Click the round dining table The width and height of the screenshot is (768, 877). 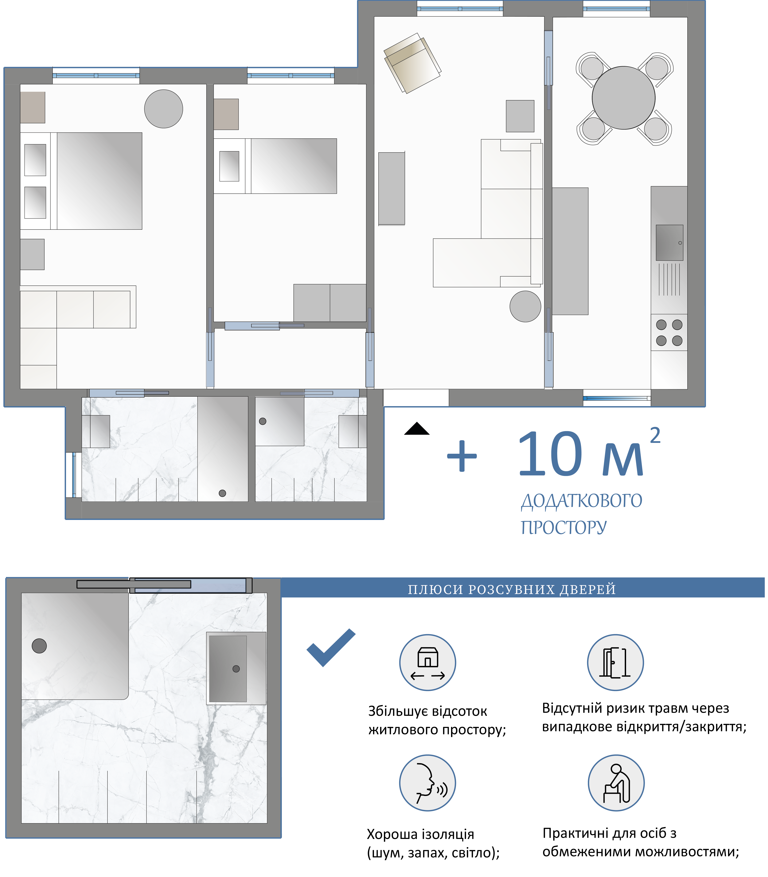[x=624, y=98]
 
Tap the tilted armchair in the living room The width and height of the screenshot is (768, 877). [x=412, y=63]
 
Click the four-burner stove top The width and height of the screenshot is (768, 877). [x=669, y=333]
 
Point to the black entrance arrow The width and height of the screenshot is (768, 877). [x=417, y=429]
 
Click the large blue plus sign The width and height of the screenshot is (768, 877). [x=462, y=456]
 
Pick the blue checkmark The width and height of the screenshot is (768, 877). [x=331, y=648]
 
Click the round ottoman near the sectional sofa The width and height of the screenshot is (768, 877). [x=525, y=306]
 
